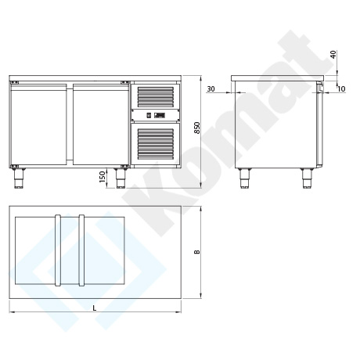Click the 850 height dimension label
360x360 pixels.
(x=197, y=128)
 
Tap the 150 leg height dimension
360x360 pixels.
(x=103, y=177)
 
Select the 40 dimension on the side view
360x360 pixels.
(x=333, y=55)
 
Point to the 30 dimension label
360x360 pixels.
(x=211, y=89)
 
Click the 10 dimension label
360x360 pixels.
(x=341, y=89)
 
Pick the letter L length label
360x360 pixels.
(x=95, y=308)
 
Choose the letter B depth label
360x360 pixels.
(x=197, y=252)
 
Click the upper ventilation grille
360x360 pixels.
(x=156, y=97)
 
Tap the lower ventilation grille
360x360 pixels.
(x=156, y=144)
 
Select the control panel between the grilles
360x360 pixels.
(x=156, y=115)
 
